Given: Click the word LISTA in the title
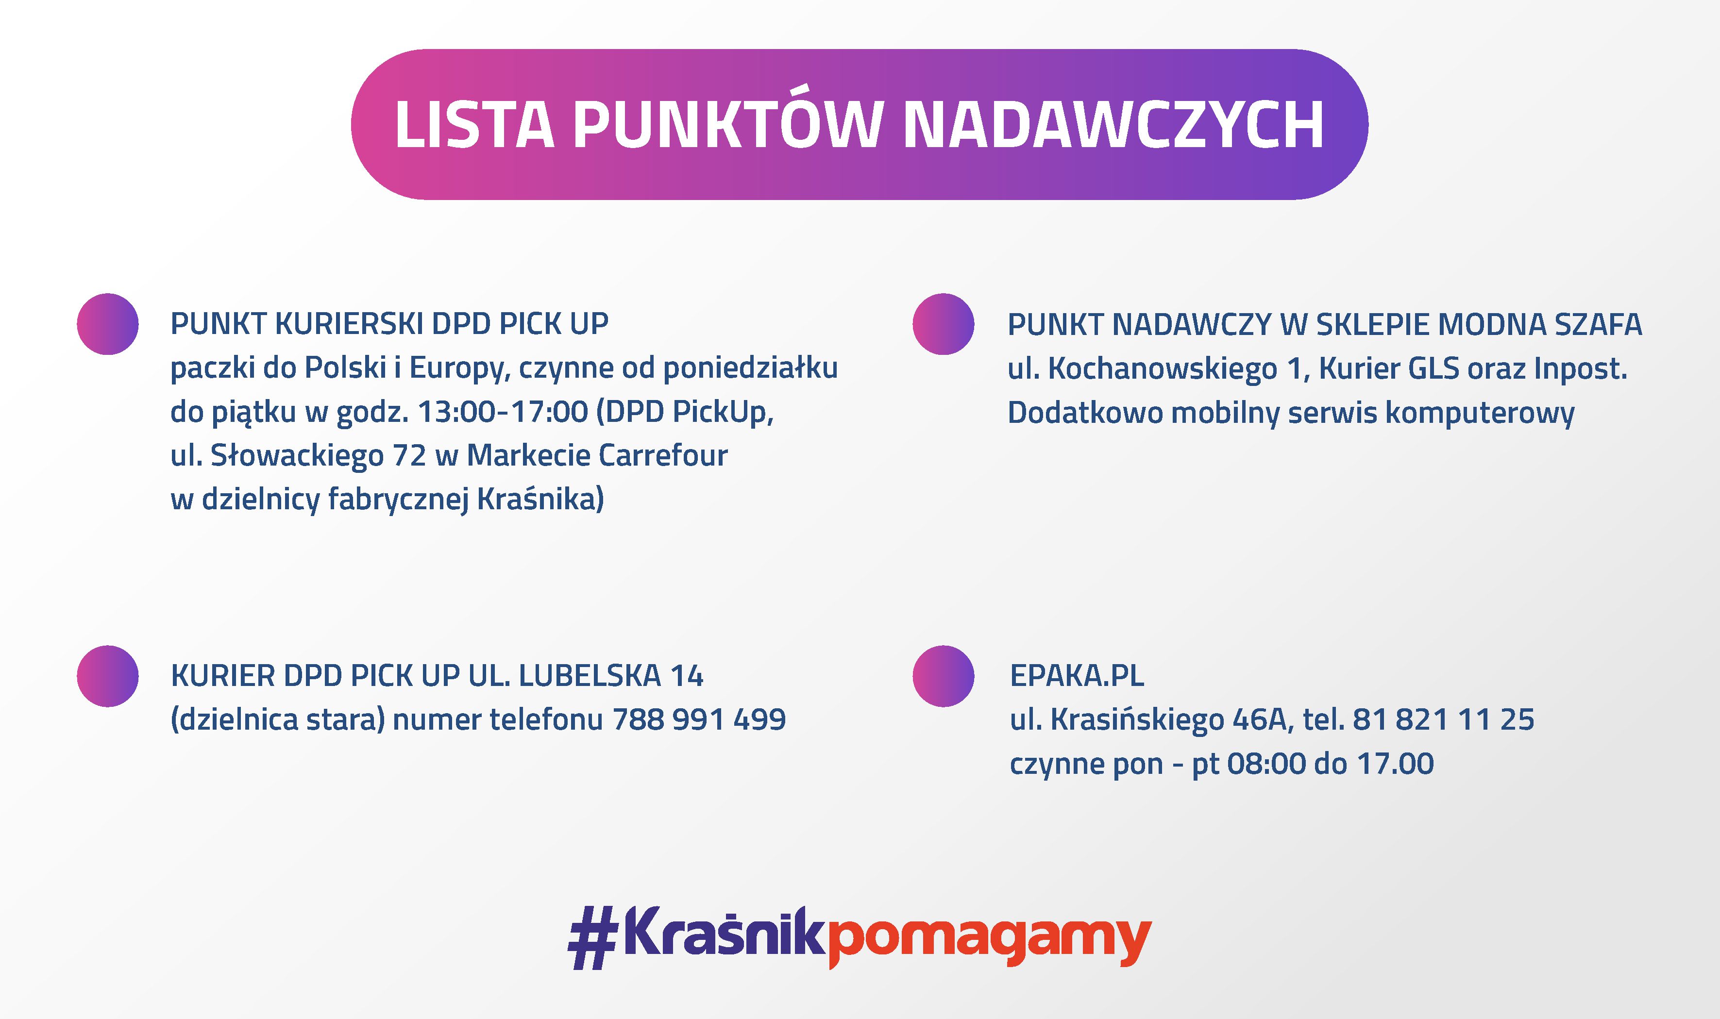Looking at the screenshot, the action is [x=474, y=124].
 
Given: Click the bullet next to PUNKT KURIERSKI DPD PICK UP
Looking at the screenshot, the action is [x=108, y=324].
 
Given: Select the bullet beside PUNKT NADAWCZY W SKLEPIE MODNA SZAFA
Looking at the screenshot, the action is [x=944, y=324].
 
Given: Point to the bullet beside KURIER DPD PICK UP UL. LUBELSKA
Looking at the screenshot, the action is [x=108, y=676].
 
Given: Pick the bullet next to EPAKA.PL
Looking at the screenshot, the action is [x=944, y=676].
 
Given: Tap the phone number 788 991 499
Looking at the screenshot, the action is [x=699, y=719].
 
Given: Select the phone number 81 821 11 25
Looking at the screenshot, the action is [x=1443, y=719].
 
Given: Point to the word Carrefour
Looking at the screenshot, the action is [x=663, y=455].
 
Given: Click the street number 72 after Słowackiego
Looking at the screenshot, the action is [x=409, y=456].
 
